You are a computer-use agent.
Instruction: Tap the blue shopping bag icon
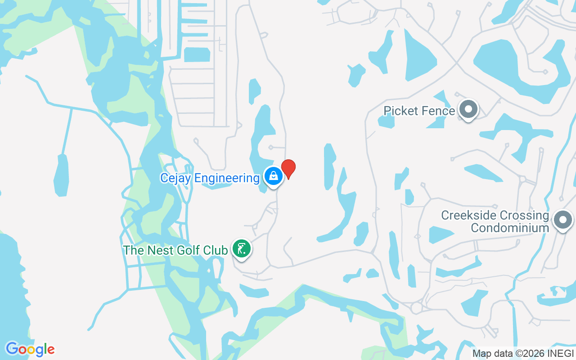pyautogui.click(x=273, y=177)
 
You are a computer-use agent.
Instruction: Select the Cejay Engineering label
pyautogui.click(x=210, y=178)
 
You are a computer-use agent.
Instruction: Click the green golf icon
pyautogui.click(x=242, y=248)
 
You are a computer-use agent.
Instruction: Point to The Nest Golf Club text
pyautogui.click(x=175, y=250)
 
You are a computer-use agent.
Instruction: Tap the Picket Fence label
pyautogui.click(x=419, y=111)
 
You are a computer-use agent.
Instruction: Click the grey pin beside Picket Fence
pyautogui.click(x=468, y=109)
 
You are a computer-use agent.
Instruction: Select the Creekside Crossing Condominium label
pyautogui.click(x=495, y=221)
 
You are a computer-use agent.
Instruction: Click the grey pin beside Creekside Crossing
pyautogui.click(x=562, y=220)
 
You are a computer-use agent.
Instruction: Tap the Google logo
pyautogui.click(x=30, y=349)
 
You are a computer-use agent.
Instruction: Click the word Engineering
pyautogui.click(x=230, y=178)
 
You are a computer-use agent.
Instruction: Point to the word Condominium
pyautogui.click(x=510, y=228)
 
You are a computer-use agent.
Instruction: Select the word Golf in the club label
pyautogui.click(x=186, y=250)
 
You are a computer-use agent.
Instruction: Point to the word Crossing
pyautogui.click(x=522, y=215)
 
